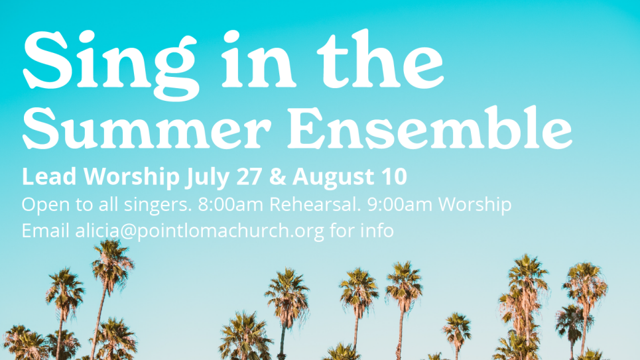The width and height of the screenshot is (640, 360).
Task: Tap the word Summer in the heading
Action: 147,129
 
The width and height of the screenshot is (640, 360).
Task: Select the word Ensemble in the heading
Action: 430,127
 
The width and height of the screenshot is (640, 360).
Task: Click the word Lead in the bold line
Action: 49,176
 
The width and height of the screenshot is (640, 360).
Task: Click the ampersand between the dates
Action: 277,177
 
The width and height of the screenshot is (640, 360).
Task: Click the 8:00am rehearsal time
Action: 231,204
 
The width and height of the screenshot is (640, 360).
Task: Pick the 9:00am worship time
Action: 400,204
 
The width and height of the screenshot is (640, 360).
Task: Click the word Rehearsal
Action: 315,204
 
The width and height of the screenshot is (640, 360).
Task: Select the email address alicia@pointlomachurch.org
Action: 200,231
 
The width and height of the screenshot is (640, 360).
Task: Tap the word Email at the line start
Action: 45,231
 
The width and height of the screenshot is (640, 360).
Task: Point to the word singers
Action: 158,206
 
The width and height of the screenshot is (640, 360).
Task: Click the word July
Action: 208,178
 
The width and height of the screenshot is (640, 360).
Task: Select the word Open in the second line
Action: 46,206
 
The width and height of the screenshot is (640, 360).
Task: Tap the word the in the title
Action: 380,60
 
